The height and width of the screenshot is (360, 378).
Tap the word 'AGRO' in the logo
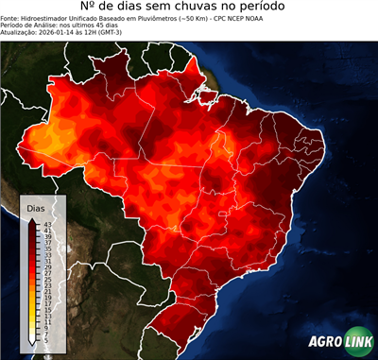pos(324,342)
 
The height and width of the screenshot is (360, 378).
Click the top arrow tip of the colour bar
pos(33,218)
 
